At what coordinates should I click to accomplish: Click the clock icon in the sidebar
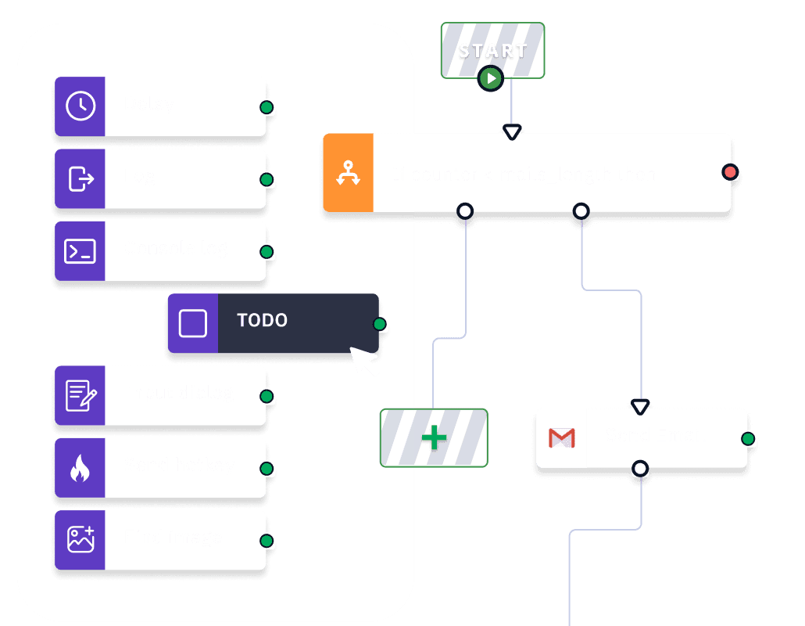[x=80, y=106]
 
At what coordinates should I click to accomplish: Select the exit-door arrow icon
[x=80, y=179]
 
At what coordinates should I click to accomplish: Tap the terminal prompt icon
[x=80, y=251]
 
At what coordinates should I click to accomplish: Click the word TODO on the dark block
[x=262, y=321]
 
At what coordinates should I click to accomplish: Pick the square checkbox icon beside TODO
[x=193, y=323]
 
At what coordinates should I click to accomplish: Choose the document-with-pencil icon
[x=80, y=396]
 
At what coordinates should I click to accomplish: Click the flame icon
[x=80, y=469]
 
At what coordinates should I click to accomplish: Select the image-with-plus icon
[x=80, y=540]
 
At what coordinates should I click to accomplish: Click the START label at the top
[x=493, y=51]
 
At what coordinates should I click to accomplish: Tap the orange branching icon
[x=348, y=173]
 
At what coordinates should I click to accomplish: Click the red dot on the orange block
[x=730, y=171]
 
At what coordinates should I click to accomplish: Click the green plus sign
[x=435, y=438]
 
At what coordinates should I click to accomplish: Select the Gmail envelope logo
[x=561, y=438]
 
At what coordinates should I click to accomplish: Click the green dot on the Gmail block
[x=748, y=439]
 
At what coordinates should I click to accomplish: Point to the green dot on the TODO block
[x=380, y=324]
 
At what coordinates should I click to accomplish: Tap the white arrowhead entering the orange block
[x=512, y=132]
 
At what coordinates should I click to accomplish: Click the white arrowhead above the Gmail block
[x=640, y=407]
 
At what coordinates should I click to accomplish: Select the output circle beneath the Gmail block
[x=640, y=469]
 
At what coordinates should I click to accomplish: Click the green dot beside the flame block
[x=267, y=469]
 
